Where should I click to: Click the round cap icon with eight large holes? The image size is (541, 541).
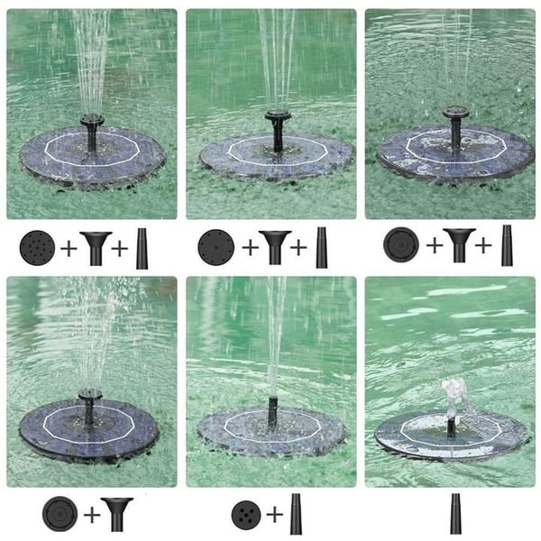(x=37, y=246)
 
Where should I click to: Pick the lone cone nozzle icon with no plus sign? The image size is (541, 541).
(x=455, y=513)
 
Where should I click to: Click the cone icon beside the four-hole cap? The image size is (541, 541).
(x=297, y=513)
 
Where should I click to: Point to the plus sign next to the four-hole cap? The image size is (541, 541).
(x=272, y=514)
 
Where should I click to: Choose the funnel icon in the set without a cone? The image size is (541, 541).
(x=117, y=513)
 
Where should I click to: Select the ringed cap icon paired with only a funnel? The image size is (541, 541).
(x=58, y=513)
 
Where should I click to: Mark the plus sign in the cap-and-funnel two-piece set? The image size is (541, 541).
(x=90, y=514)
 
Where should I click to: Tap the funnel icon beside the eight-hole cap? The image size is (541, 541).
(x=96, y=246)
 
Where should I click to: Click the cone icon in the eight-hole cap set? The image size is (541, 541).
(x=142, y=247)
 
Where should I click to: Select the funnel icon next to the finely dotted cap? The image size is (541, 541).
(x=274, y=246)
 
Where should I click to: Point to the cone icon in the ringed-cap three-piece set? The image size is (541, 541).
(x=507, y=246)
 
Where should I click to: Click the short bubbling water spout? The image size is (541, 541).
(x=449, y=394)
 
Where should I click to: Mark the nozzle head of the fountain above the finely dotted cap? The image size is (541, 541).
(x=277, y=116)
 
